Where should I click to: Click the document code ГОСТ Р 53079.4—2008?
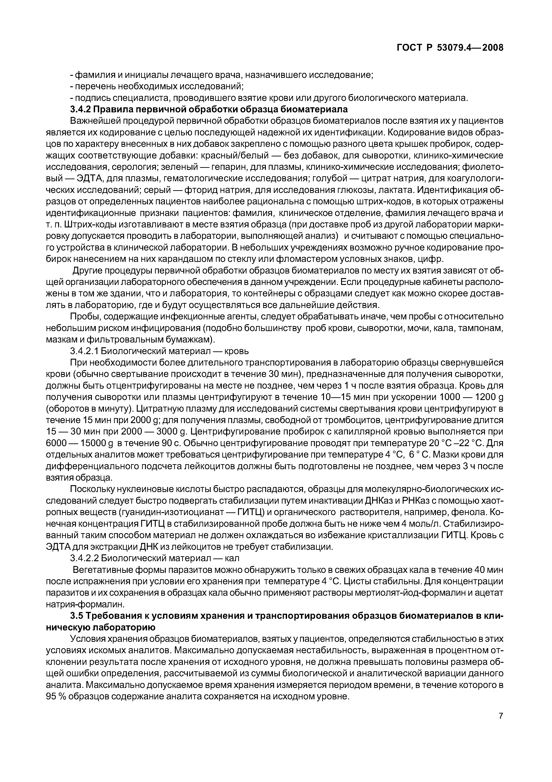click(450, 48)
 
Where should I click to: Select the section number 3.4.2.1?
click(85, 351)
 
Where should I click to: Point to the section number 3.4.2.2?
click(85, 558)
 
